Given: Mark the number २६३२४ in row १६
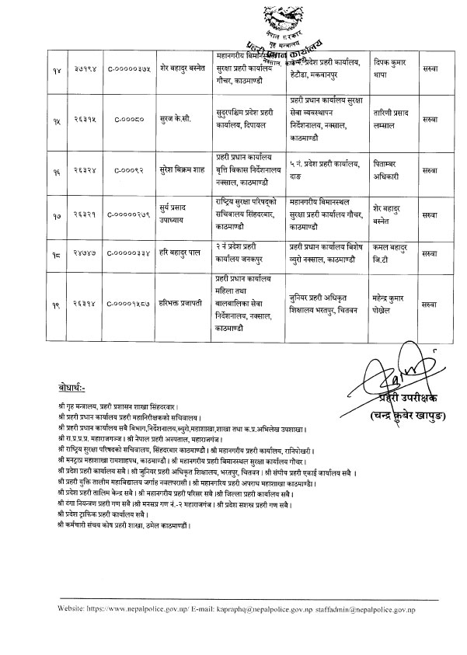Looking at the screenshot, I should (89, 169).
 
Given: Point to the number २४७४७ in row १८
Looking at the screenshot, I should (89, 253).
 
